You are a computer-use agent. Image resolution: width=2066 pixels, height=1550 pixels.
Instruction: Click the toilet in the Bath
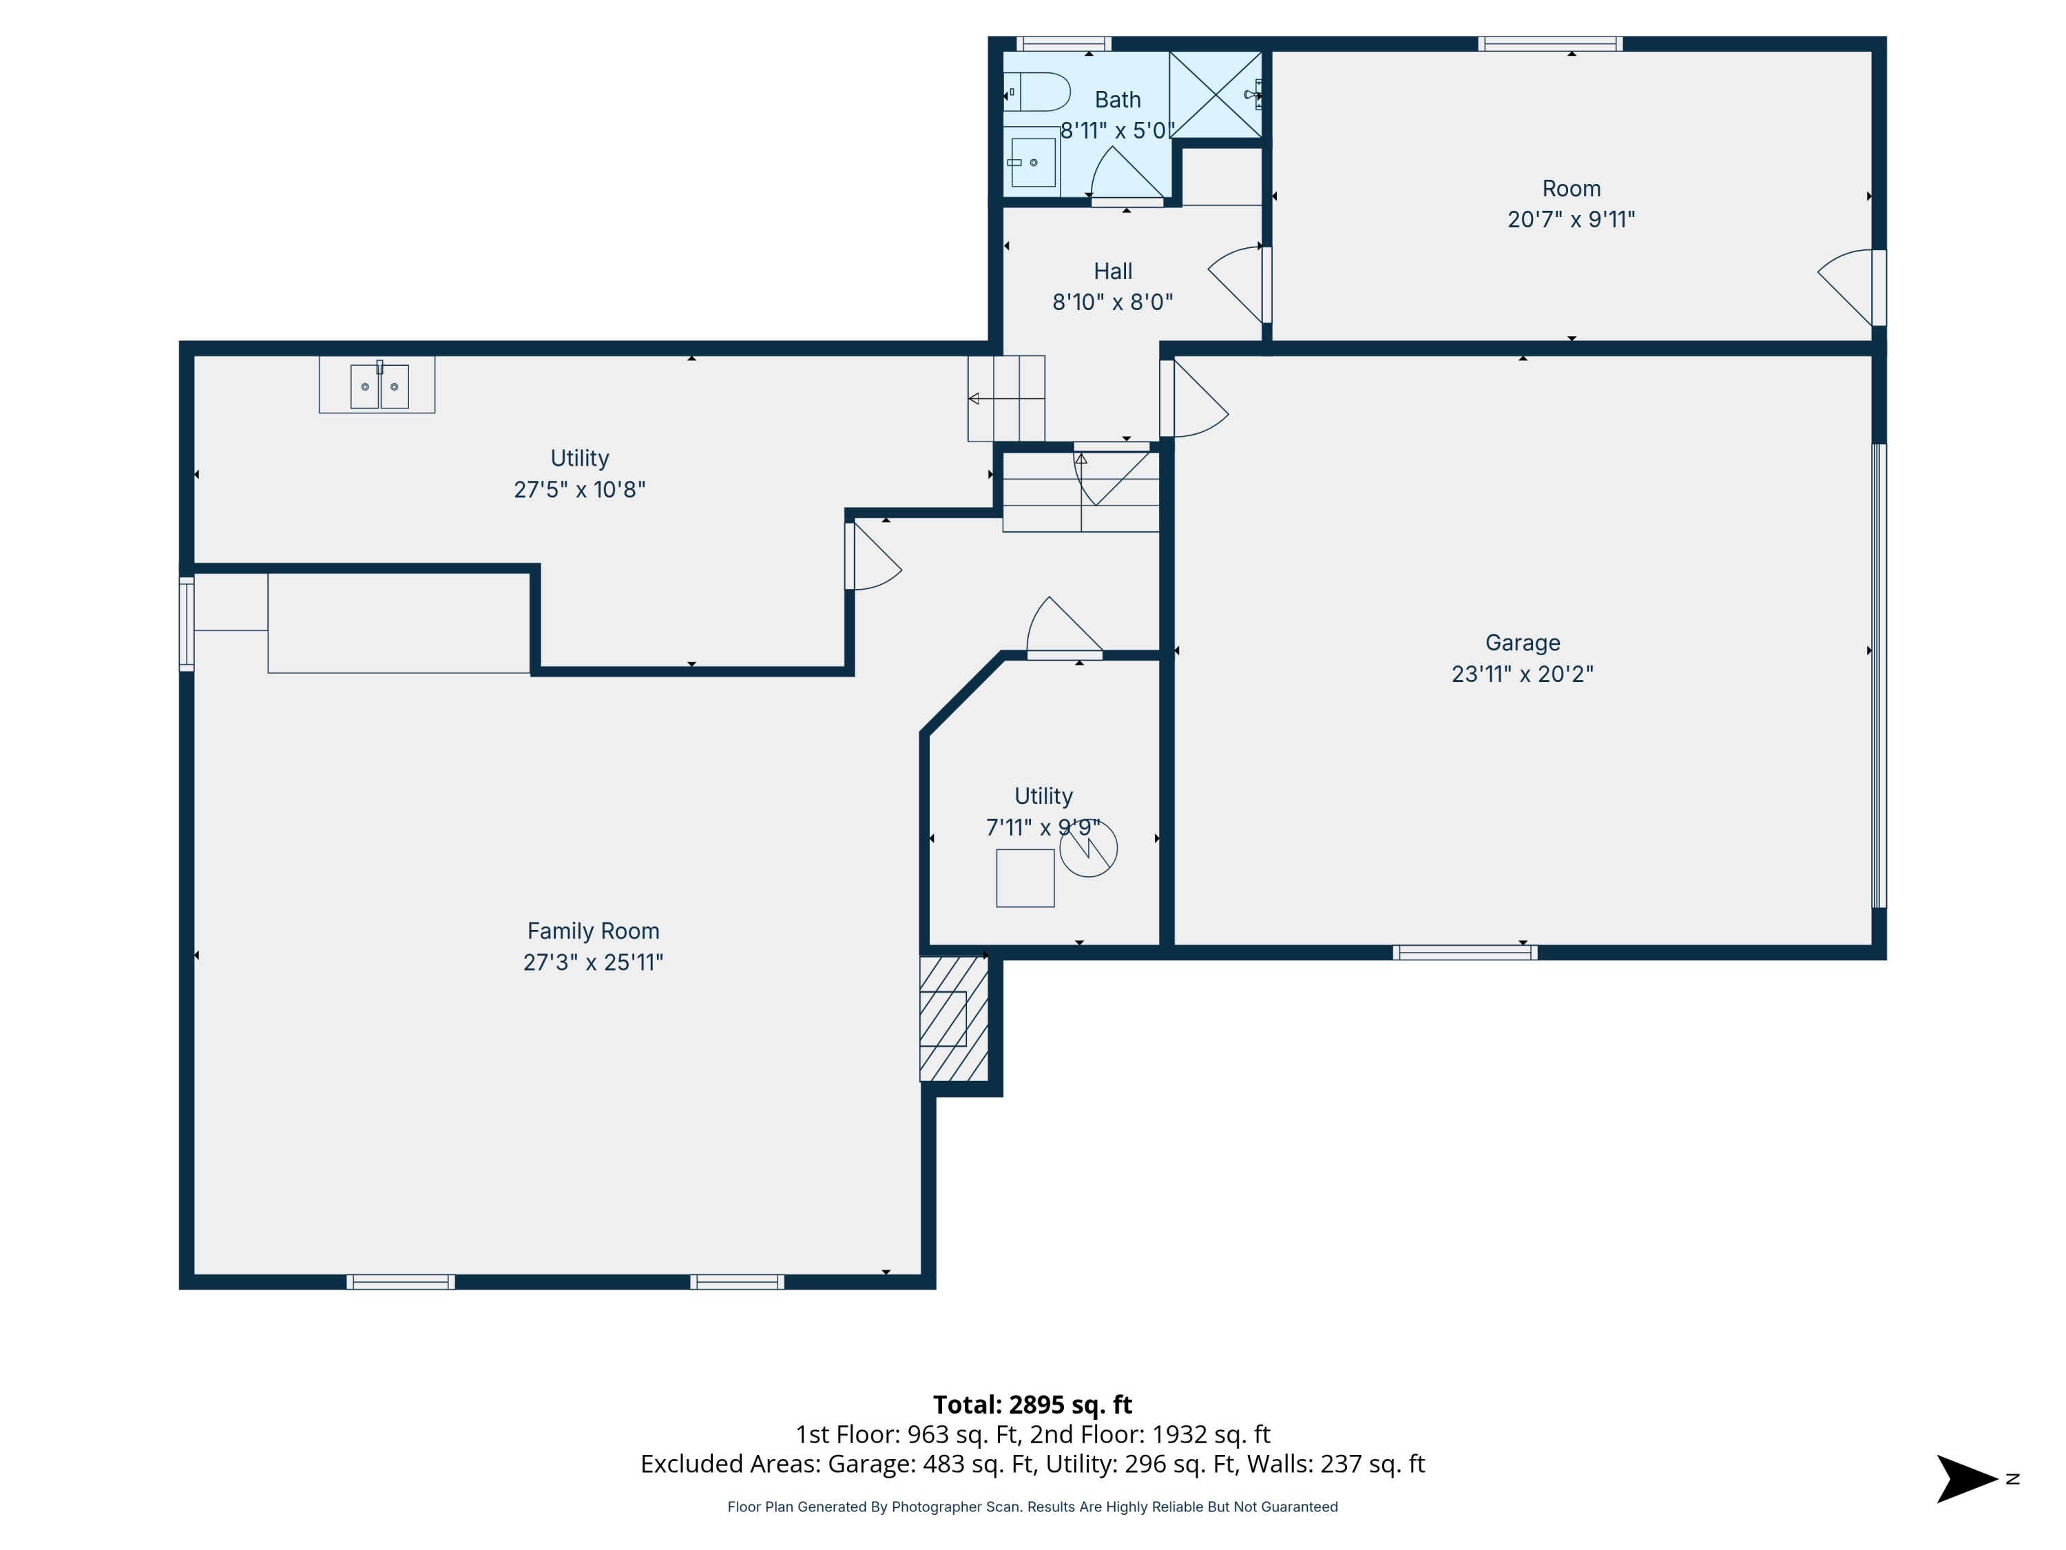click(1039, 92)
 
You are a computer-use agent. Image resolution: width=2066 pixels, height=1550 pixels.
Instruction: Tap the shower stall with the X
click(1214, 95)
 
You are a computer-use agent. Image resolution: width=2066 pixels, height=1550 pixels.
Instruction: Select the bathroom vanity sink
click(1033, 163)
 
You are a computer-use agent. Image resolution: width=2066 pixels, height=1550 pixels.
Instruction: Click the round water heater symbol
click(1088, 848)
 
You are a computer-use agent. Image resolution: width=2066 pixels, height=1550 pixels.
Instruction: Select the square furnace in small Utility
click(1025, 878)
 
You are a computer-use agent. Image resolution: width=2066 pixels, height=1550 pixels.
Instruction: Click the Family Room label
click(593, 931)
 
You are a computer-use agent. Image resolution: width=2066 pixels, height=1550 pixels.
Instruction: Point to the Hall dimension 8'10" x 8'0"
click(1112, 302)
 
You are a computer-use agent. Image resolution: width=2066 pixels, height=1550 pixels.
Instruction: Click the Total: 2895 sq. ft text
click(1032, 1404)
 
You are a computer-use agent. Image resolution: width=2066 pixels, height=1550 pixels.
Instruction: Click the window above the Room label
click(1549, 44)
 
